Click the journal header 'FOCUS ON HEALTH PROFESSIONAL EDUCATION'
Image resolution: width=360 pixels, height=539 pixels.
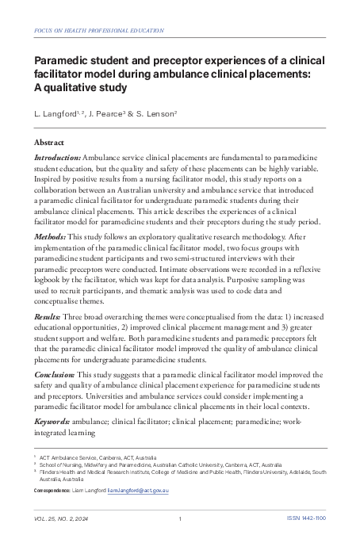[x=100, y=31]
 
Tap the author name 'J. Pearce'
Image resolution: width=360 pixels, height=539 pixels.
[x=107, y=116]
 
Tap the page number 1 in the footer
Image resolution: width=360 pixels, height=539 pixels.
[x=181, y=519]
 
